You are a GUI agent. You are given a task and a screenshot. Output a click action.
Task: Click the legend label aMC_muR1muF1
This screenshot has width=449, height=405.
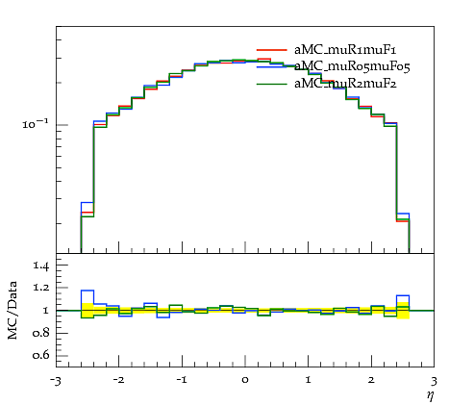tap(345, 50)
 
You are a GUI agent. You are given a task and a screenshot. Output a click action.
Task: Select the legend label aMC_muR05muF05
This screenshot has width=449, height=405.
tap(352, 66)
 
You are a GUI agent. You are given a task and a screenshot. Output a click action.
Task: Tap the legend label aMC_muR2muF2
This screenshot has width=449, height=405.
tap(345, 84)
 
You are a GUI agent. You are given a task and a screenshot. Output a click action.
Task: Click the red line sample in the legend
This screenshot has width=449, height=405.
tap(271, 50)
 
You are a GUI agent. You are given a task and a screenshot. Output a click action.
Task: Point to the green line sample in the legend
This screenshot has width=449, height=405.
tap(271, 84)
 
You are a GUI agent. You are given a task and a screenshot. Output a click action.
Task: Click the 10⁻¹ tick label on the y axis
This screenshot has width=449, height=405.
tap(36, 123)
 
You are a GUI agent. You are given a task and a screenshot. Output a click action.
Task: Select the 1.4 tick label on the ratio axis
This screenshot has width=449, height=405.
tap(41, 266)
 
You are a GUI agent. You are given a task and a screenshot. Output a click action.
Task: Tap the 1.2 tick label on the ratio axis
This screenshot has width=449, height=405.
tap(41, 287)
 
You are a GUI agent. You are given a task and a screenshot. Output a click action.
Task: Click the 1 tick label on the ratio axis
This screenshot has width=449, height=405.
tap(45, 310)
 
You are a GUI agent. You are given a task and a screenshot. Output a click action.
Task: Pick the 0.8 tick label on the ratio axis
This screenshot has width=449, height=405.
tap(40, 333)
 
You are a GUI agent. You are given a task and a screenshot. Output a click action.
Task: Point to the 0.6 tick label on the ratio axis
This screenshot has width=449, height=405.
tap(40, 355)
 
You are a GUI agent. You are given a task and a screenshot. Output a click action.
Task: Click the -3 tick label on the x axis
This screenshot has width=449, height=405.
tap(55, 381)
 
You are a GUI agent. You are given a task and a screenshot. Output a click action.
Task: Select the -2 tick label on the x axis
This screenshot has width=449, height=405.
tap(118, 380)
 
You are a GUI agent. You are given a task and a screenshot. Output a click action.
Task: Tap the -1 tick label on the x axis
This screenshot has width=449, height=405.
tap(182, 380)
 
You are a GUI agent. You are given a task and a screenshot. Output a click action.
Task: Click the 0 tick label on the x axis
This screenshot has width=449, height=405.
tap(245, 380)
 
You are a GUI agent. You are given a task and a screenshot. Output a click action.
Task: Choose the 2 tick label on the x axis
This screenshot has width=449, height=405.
tap(371, 380)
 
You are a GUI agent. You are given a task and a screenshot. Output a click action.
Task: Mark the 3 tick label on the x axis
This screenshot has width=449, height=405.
tap(434, 381)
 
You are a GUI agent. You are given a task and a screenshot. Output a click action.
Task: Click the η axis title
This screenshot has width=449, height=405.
tap(430, 396)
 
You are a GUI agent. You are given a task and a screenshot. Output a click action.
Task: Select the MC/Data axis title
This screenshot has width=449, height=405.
tap(12, 310)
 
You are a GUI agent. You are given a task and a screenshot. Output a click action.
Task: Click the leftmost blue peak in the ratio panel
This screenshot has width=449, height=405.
tap(87, 291)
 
